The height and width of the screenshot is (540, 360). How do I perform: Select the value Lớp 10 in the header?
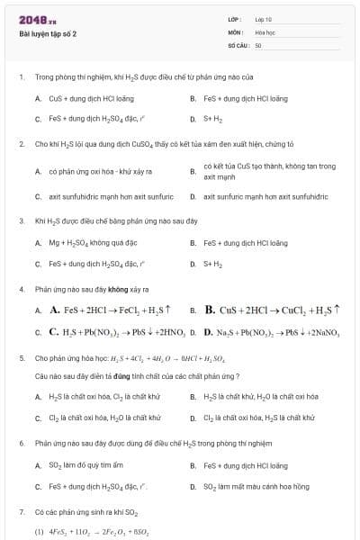pos(263,19)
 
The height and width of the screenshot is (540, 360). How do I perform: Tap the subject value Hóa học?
pos(264,31)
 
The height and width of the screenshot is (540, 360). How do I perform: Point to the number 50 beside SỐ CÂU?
pos(258,44)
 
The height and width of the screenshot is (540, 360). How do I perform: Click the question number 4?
pos(20,289)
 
